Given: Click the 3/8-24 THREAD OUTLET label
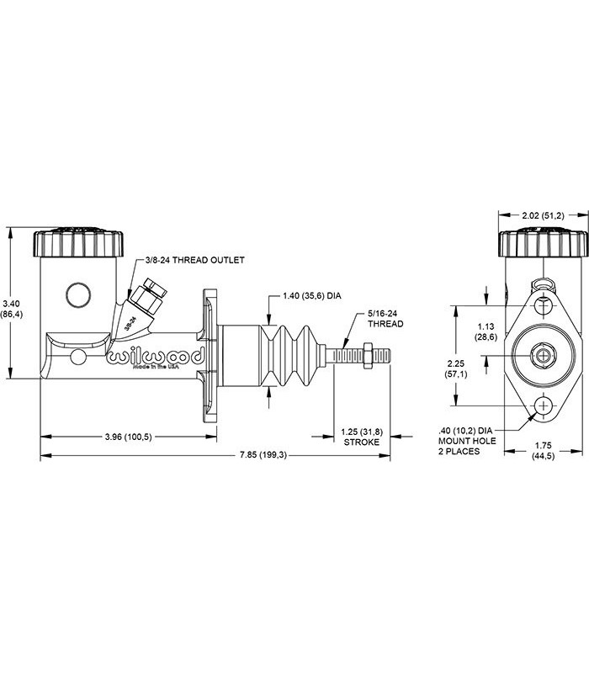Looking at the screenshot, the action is coord(195,260).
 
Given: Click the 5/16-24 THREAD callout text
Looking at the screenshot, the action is coord(385,319).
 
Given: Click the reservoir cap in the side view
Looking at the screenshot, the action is coord(78,242).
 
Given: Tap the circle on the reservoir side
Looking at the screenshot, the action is coord(78,295).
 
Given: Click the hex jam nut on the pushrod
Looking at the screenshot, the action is coord(368,356).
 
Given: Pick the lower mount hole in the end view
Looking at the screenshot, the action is coord(544,405).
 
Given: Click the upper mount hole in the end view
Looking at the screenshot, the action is coord(544,305).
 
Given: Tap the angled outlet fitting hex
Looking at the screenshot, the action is coord(146,301).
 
